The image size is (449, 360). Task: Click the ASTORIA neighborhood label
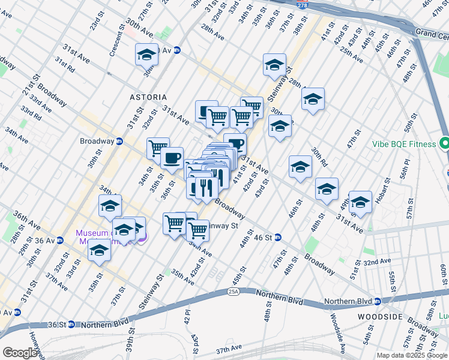(x=147, y=97)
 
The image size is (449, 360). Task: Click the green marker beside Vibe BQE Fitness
(x=444, y=144)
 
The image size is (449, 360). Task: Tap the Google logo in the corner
(x=19, y=353)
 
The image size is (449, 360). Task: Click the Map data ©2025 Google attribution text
(x=412, y=355)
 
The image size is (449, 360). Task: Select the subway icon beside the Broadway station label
(x=119, y=142)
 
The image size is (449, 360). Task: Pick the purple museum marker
(x=142, y=237)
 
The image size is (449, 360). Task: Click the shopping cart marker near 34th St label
(x=158, y=146)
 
